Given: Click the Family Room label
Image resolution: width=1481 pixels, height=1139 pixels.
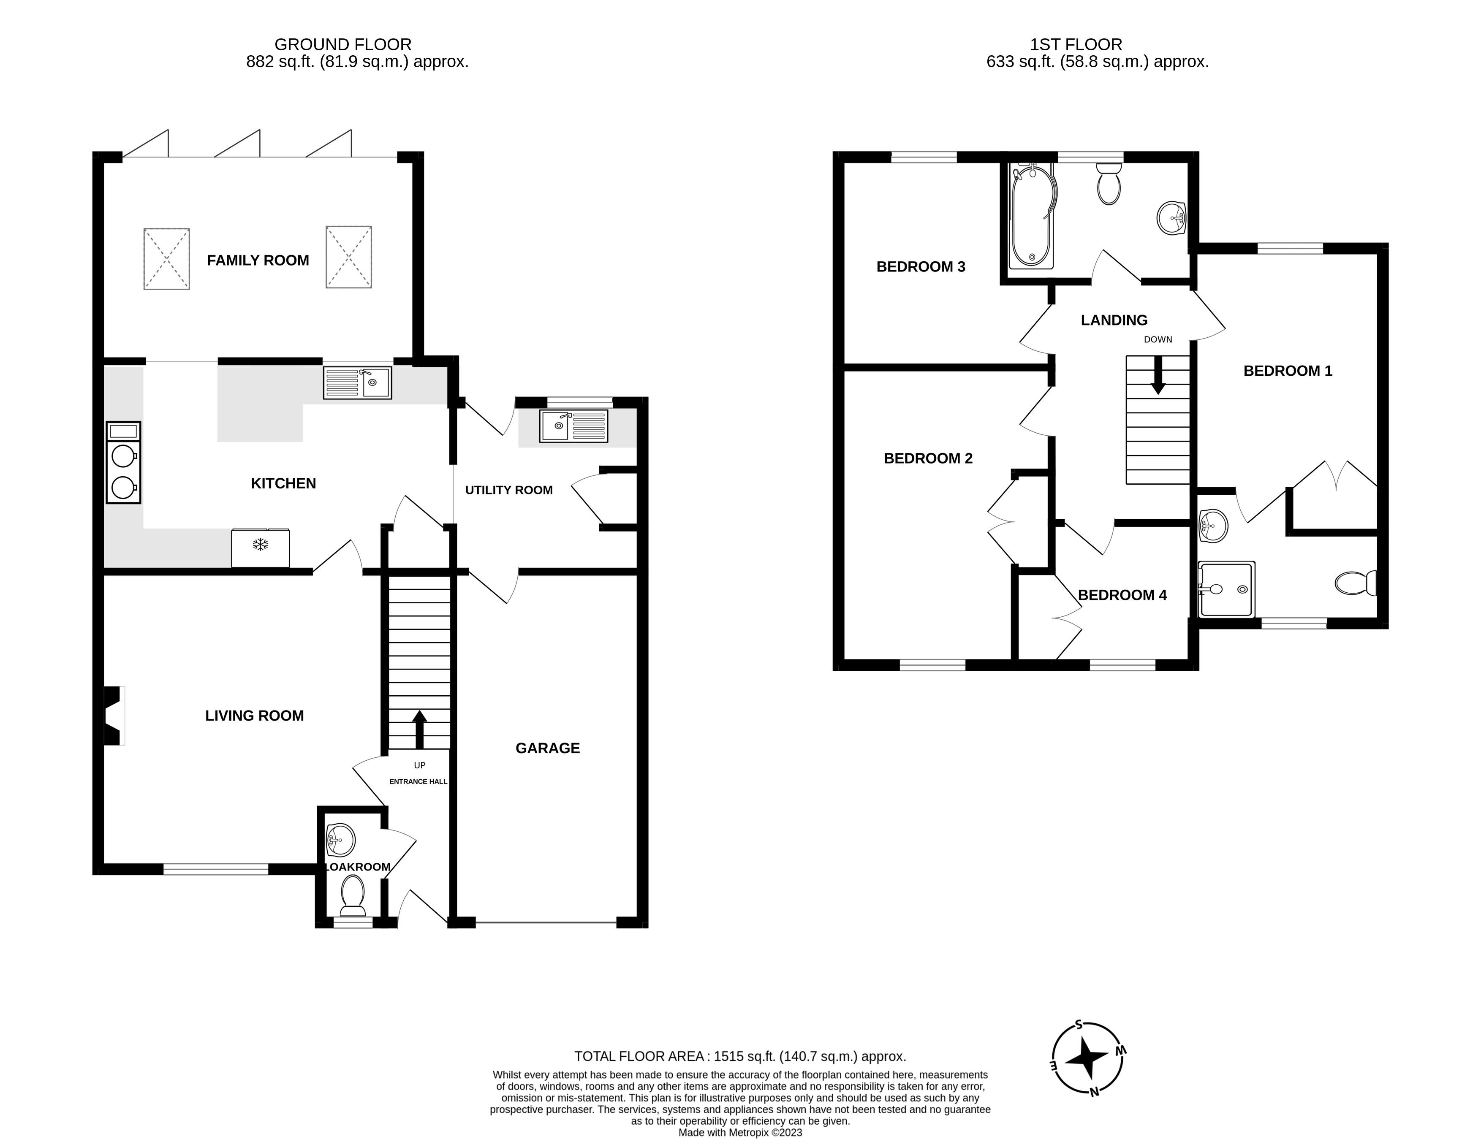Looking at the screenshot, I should point(258,260).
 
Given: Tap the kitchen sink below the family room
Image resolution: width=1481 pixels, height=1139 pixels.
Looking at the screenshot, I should point(357,382).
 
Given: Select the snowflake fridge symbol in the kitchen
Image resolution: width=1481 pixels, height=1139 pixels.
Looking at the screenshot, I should point(261,545).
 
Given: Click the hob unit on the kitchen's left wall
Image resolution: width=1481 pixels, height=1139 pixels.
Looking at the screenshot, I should point(123,462).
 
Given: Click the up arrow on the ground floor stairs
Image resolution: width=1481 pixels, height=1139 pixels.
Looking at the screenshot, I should point(419,729).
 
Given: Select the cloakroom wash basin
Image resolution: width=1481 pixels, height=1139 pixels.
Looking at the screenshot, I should point(340,841).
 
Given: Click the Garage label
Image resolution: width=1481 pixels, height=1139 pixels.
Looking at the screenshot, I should point(547,748).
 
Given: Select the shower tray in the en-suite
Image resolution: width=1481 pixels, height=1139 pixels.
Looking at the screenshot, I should point(1226,588).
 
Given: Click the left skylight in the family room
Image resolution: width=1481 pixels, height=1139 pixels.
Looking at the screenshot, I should point(166,259).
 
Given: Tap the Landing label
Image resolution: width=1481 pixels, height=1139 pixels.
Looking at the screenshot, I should point(1114,320).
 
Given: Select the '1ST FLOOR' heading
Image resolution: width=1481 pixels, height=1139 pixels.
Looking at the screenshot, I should point(1076,45).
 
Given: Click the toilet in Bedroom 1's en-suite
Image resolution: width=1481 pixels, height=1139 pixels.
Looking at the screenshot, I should point(1354,583).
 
